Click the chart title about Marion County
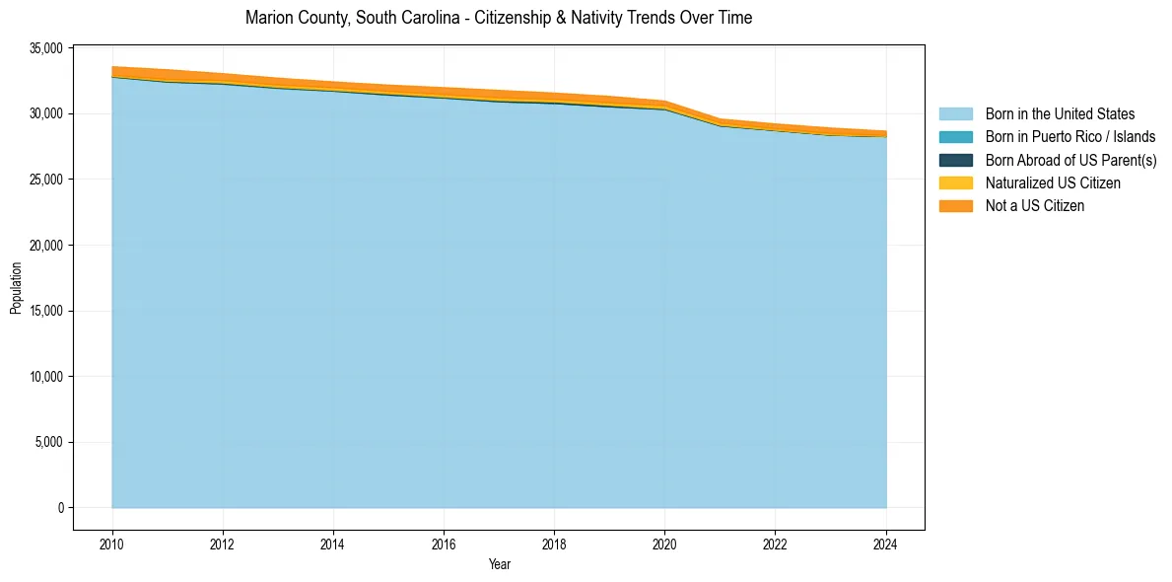pyautogui.click(x=499, y=18)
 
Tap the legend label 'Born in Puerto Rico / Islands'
pyautogui.click(x=1070, y=137)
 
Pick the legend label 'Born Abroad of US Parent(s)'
pyautogui.click(x=1070, y=160)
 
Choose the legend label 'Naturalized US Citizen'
pyautogui.click(x=1053, y=182)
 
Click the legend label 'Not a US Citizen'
pyautogui.click(x=1035, y=205)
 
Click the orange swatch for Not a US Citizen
pyautogui.click(x=955, y=205)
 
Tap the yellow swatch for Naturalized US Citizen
pyautogui.click(x=955, y=182)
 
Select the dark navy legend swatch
pyautogui.click(x=955, y=160)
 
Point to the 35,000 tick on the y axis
pyautogui.click(x=47, y=48)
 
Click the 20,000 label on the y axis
pyautogui.click(x=47, y=246)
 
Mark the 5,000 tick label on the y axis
pyautogui.click(x=50, y=442)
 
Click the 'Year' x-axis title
pyautogui.click(x=499, y=564)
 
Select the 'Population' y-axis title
pyautogui.click(x=16, y=288)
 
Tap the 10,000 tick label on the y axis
pyautogui.click(x=47, y=377)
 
